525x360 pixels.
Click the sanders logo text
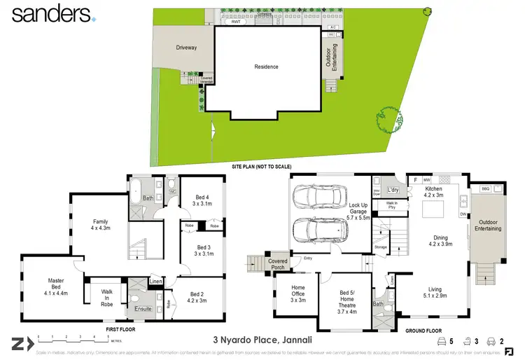pos(49,14)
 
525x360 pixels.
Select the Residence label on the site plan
pos(266,67)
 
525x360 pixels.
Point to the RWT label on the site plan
pos(236,22)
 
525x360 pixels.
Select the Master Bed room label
pos(56,287)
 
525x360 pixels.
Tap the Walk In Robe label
pos(107,298)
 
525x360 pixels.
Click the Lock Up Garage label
pos(359,213)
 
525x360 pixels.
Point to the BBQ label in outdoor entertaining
pos(486,188)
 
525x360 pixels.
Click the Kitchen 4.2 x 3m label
pos(433,193)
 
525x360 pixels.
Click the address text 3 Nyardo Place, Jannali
pos(262,340)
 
